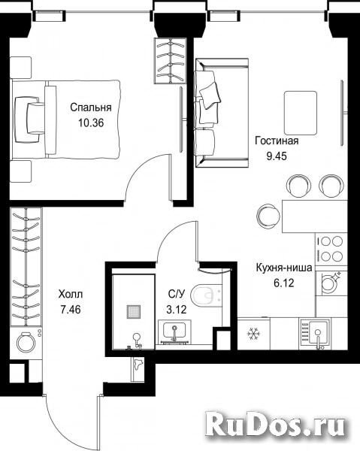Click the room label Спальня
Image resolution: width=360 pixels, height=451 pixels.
tap(91, 107)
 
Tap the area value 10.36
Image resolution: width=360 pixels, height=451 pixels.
tap(91, 123)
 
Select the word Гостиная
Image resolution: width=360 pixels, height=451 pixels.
tap(277, 141)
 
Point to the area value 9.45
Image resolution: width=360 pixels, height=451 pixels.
tap(277, 156)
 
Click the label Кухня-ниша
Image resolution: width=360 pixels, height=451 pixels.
tap(284, 268)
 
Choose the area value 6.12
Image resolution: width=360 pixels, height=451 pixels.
tap(284, 283)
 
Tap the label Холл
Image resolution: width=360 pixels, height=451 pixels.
tap(71, 294)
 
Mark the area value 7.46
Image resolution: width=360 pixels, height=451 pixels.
tap(71, 310)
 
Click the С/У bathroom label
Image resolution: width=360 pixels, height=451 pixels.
tap(177, 294)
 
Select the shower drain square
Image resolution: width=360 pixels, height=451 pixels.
tap(134, 312)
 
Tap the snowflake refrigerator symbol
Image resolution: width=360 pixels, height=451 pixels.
tap(253, 334)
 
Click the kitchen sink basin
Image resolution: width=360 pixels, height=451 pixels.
tap(318, 333)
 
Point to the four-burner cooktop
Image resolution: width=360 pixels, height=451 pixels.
tap(331, 249)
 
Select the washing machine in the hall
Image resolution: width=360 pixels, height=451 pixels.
tap(26, 343)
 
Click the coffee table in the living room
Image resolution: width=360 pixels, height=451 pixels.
tap(301, 114)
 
